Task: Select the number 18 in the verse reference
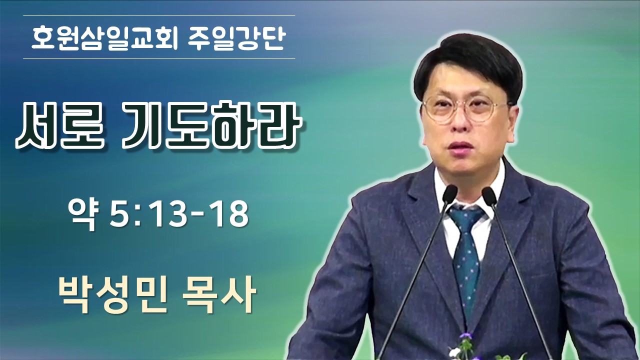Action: (228, 215)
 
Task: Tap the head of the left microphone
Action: (449, 194)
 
